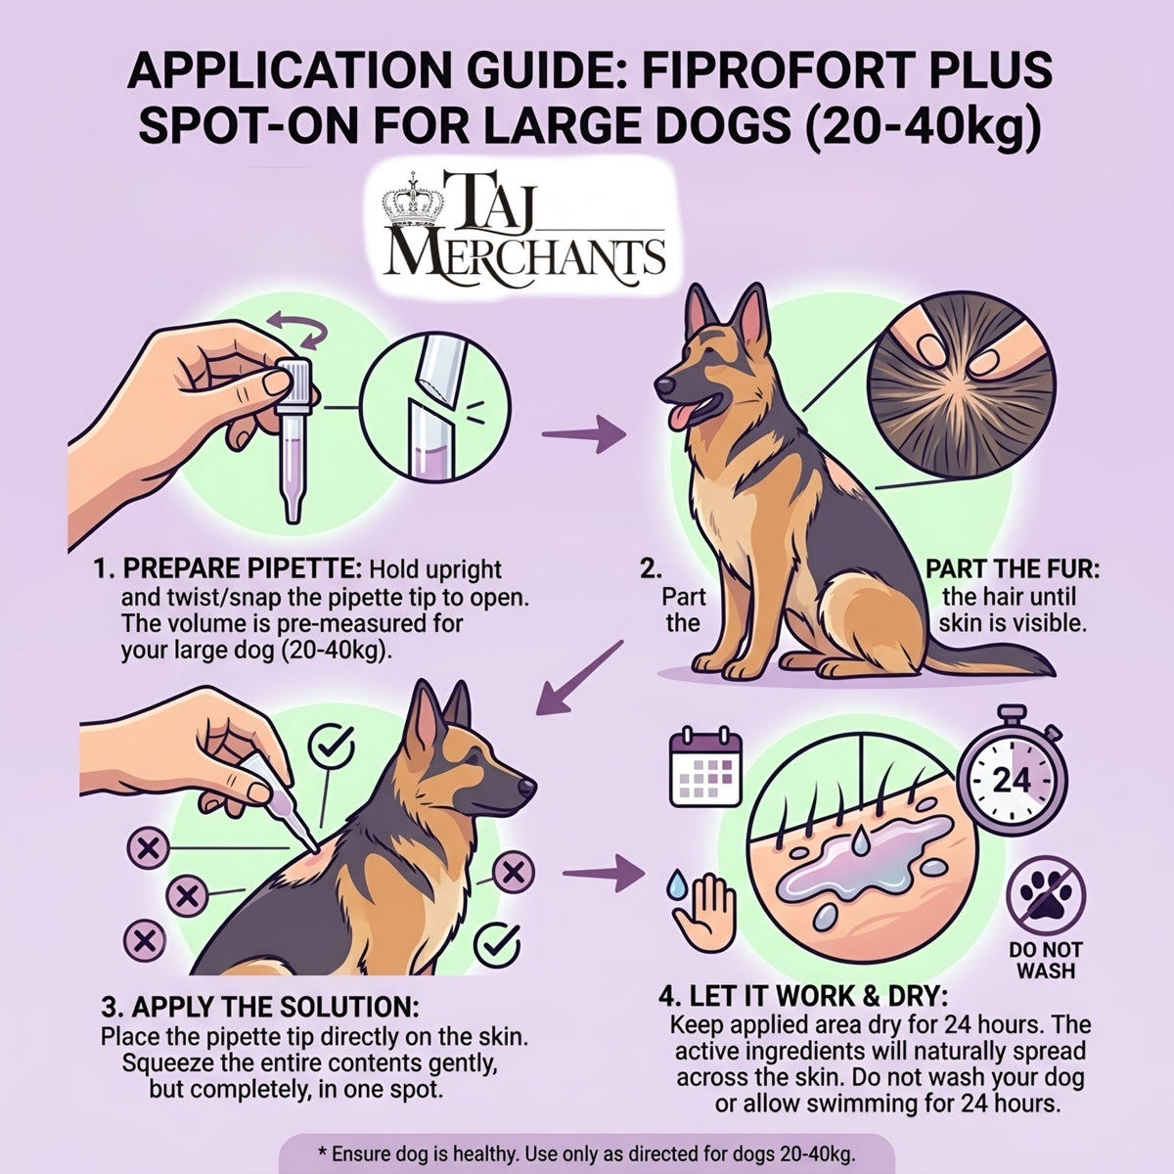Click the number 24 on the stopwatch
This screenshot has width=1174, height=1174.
coord(1012,780)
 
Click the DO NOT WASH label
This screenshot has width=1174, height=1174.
coord(1046,960)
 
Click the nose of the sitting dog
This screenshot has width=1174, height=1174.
coord(664,385)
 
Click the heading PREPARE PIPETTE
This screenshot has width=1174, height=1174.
coord(242,569)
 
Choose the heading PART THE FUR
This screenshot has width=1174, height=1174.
coord(1013,569)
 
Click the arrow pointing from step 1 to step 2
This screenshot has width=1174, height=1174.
coord(584,433)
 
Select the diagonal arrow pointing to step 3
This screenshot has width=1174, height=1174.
coord(579,677)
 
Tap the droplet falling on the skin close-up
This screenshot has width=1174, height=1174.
coord(860,841)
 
